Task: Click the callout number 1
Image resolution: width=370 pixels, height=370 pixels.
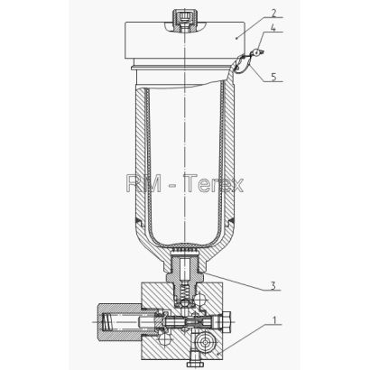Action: [274, 319]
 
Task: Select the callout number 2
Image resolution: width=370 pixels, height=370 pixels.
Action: [273, 13]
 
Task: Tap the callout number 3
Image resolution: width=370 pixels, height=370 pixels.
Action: [273, 285]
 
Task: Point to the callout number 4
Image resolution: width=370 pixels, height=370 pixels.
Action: [273, 28]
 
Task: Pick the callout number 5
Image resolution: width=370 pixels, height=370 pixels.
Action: [273, 77]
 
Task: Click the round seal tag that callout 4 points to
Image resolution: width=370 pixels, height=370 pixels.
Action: [256, 53]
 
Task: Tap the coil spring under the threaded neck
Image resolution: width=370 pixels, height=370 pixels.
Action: [185, 291]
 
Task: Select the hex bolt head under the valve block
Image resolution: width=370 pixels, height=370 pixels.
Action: [192, 364]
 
